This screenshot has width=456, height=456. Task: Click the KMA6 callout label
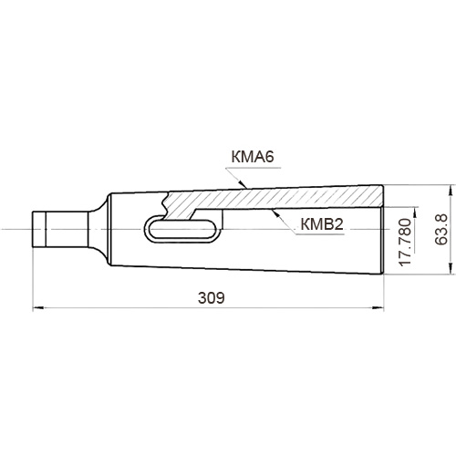(253, 157)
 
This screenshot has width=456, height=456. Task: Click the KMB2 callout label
(322, 224)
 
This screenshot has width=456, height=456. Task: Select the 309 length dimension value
(212, 298)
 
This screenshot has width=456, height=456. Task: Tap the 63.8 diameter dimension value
(440, 229)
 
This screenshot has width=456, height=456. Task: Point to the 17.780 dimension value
(405, 242)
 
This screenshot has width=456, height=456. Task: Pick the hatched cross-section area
(274, 199)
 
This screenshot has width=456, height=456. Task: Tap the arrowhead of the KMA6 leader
(243, 184)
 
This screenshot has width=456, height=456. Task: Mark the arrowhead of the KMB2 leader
(276, 213)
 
